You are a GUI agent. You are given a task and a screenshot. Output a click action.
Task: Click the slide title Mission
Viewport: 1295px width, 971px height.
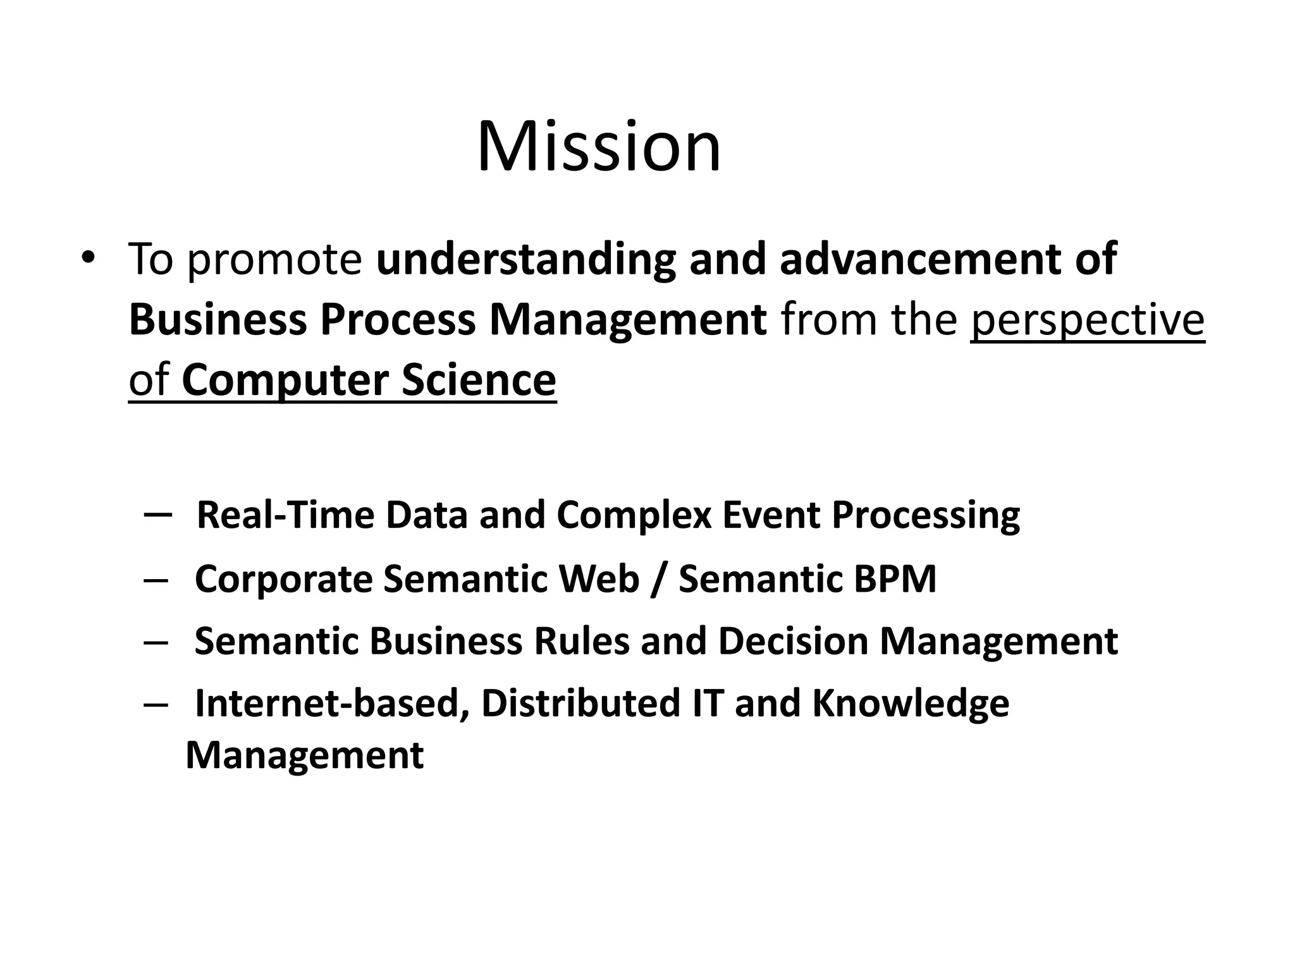tap(598, 147)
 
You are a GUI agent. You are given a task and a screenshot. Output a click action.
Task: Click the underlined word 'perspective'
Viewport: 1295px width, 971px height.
tap(1088, 321)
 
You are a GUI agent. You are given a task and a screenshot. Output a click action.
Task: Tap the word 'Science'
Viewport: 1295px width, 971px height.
tap(479, 381)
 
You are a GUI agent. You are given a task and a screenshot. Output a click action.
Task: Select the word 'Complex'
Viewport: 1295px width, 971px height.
tap(634, 516)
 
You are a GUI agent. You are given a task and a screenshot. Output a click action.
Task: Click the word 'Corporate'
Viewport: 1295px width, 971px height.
tap(284, 579)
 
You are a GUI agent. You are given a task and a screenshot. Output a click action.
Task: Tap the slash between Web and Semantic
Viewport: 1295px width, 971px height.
tap(659, 579)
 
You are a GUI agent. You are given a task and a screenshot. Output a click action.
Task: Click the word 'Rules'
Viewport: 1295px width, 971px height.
tap(582, 641)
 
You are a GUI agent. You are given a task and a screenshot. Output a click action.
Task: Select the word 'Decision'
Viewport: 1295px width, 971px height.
tap(793, 641)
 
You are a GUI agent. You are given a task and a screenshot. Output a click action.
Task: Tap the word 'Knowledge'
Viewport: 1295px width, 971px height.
tap(911, 704)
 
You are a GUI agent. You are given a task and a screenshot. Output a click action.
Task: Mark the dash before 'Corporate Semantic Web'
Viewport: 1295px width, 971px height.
tap(156, 580)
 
